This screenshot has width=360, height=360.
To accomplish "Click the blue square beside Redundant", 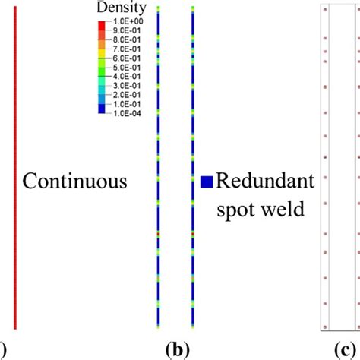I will (206, 182).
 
